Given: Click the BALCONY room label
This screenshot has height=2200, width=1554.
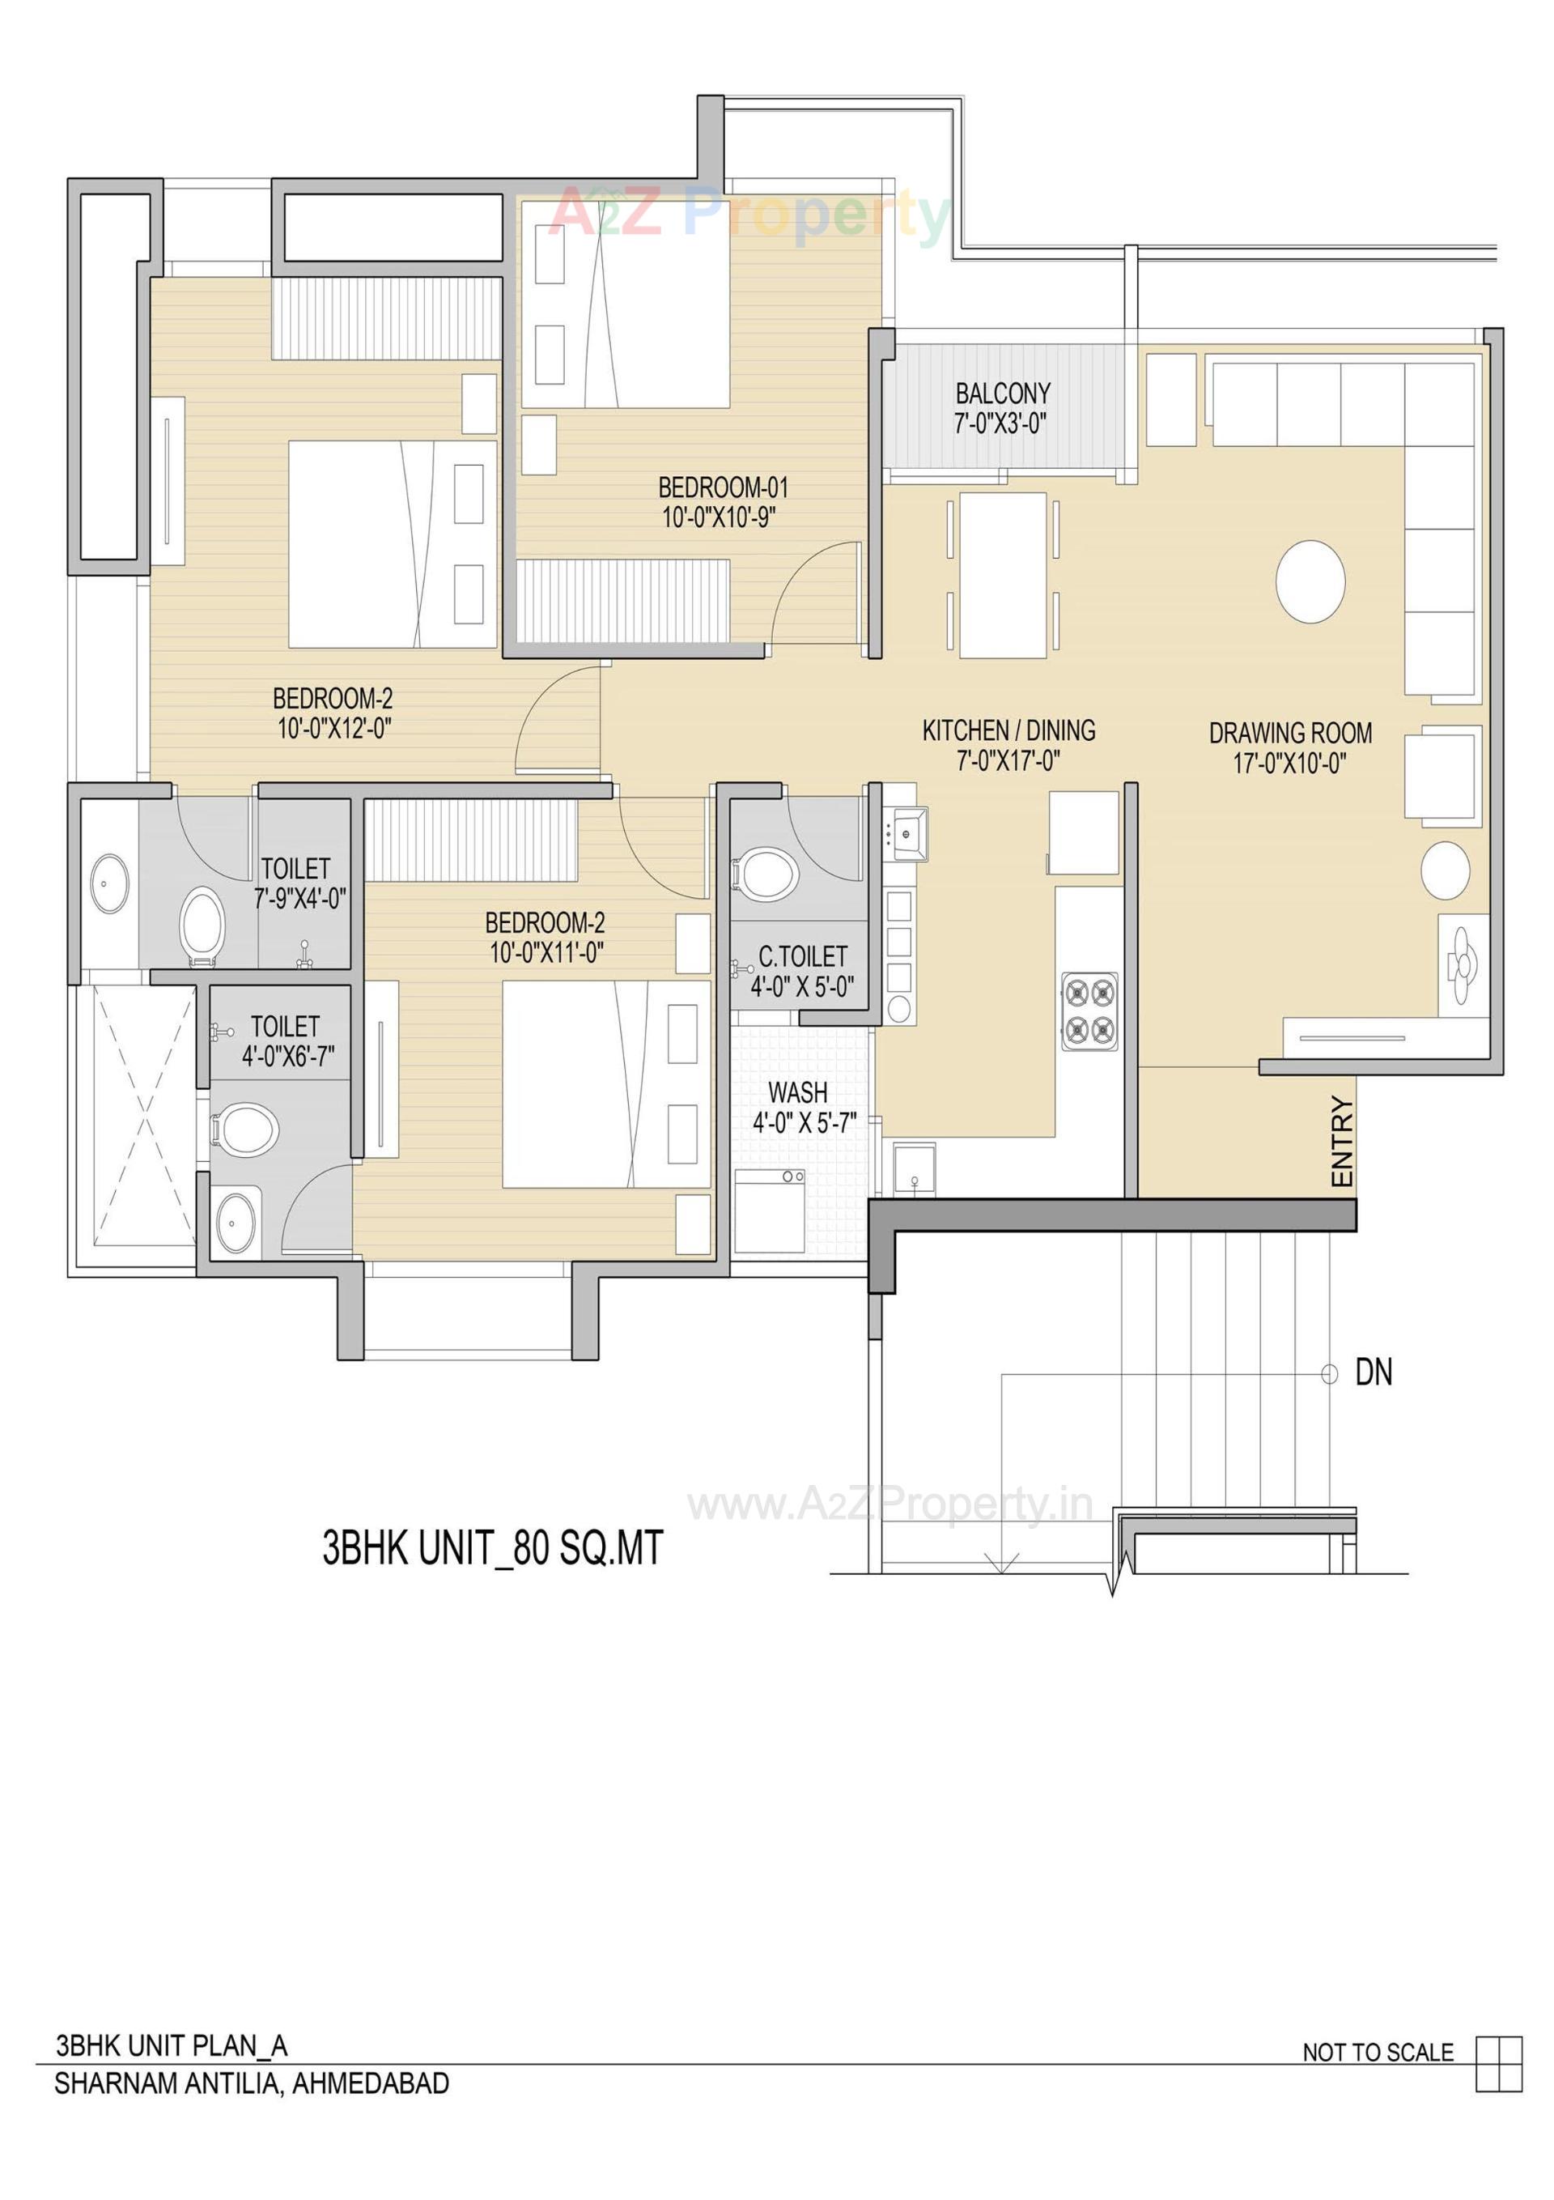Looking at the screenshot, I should (x=1002, y=394).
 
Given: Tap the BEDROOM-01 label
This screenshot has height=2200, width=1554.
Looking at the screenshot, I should (x=723, y=487).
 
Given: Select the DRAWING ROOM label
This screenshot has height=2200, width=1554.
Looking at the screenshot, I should (x=1289, y=733).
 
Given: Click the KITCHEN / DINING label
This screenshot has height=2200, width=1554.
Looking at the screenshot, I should (x=1008, y=731).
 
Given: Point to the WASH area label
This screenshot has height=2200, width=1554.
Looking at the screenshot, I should (x=797, y=1092).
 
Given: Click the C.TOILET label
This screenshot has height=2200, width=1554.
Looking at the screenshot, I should (x=803, y=956).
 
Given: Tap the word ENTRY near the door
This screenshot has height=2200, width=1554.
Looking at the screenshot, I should (x=1342, y=1143).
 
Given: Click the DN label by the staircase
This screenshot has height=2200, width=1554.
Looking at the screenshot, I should (x=1373, y=1373).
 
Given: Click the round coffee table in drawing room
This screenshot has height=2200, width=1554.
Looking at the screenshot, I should (x=1310, y=581).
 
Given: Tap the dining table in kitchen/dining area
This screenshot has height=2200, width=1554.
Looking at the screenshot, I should (x=1002, y=575).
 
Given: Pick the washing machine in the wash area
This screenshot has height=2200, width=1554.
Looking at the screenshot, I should (x=770, y=1211).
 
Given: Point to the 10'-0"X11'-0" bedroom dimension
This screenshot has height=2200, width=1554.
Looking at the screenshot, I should (x=546, y=953).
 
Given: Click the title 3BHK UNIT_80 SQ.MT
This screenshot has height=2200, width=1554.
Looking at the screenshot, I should (x=491, y=1548).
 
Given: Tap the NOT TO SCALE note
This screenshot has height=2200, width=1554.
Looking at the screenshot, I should (x=1377, y=2053).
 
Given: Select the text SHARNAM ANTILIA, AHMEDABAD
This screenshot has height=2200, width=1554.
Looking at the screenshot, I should (x=251, y=2083).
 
